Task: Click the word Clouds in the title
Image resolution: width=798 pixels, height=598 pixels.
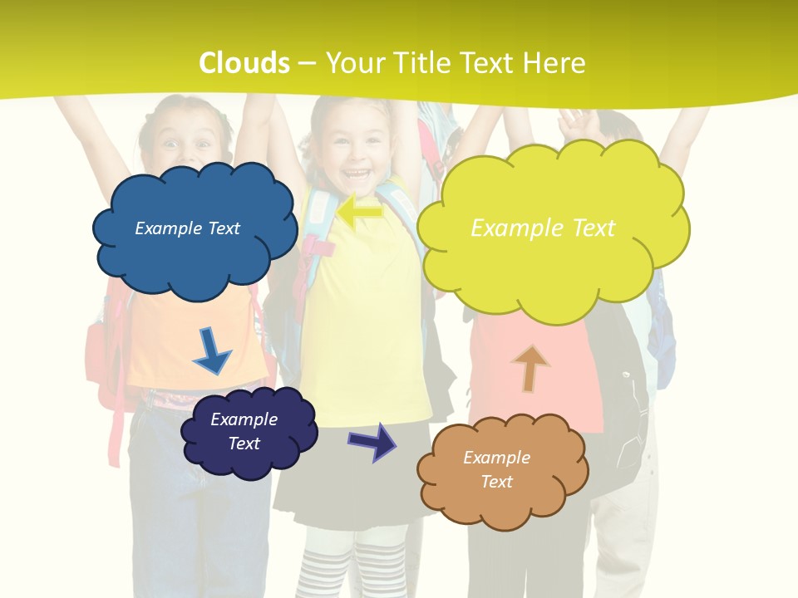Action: (x=244, y=63)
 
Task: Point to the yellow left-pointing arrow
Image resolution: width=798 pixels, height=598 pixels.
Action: (x=360, y=212)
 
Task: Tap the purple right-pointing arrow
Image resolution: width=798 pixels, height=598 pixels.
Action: (x=372, y=441)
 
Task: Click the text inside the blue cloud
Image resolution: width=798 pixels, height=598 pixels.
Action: (x=187, y=228)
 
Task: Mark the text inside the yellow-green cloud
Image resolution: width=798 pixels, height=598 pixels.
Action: (x=543, y=228)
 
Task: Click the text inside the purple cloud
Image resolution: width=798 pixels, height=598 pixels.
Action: (x=244, y=431)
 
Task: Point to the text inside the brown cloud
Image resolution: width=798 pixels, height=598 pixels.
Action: (x=496, y=469)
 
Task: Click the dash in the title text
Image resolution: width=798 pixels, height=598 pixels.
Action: (x=307, y=63)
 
